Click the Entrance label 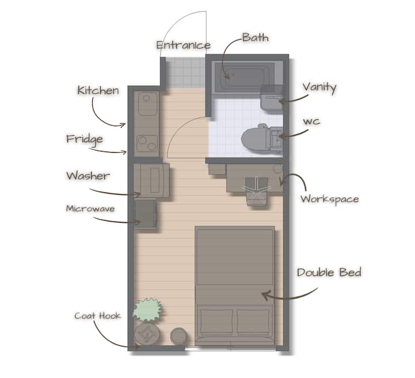183,45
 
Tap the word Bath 255,37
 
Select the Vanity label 319,87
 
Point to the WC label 311,122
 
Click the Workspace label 330,199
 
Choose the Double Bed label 329,273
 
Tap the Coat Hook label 97,316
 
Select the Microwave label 90,209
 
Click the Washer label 88,176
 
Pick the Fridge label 84,139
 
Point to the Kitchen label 98,90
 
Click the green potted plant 147,310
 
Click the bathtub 244,77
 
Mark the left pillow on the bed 217,322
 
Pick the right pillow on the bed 254,322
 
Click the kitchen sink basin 148,104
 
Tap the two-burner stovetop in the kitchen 148,143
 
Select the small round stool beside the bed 179,336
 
